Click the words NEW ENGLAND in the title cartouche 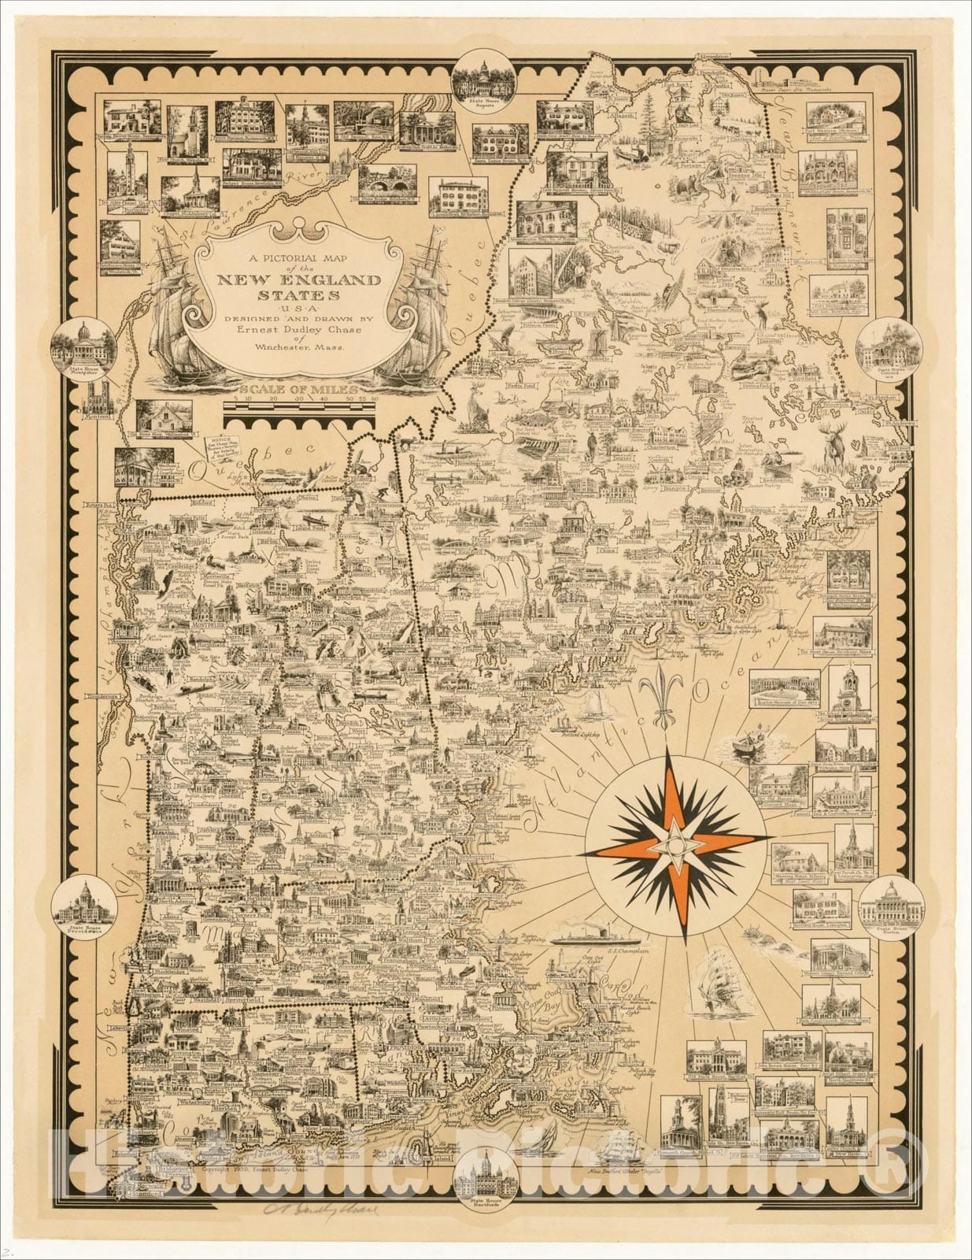(x=299, y=280)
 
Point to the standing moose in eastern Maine (x=836, y=447)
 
